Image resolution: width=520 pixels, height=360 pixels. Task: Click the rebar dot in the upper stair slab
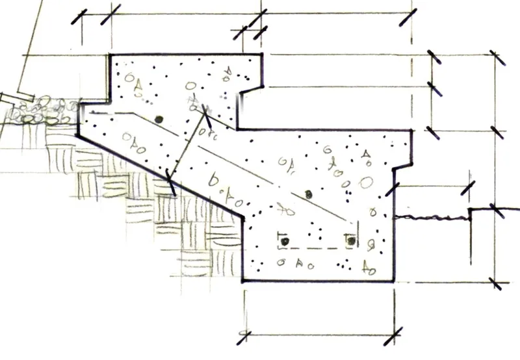tap(158, 120)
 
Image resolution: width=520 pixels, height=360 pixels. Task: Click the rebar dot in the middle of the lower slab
tap(309, 194)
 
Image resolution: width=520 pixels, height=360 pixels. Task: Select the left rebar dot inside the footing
tap(283, 241)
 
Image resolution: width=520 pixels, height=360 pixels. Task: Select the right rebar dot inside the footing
tap(351, 241)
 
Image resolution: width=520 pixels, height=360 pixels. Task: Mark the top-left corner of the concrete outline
tap(109, 55)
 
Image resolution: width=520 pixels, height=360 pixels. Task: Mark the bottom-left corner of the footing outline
tap(243, 281)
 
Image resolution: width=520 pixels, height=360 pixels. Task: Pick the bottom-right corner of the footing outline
tap(393, 281)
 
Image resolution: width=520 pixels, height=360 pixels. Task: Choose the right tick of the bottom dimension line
tap(395, 336)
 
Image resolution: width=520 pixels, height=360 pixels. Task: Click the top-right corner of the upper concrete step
tap(262, 55)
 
